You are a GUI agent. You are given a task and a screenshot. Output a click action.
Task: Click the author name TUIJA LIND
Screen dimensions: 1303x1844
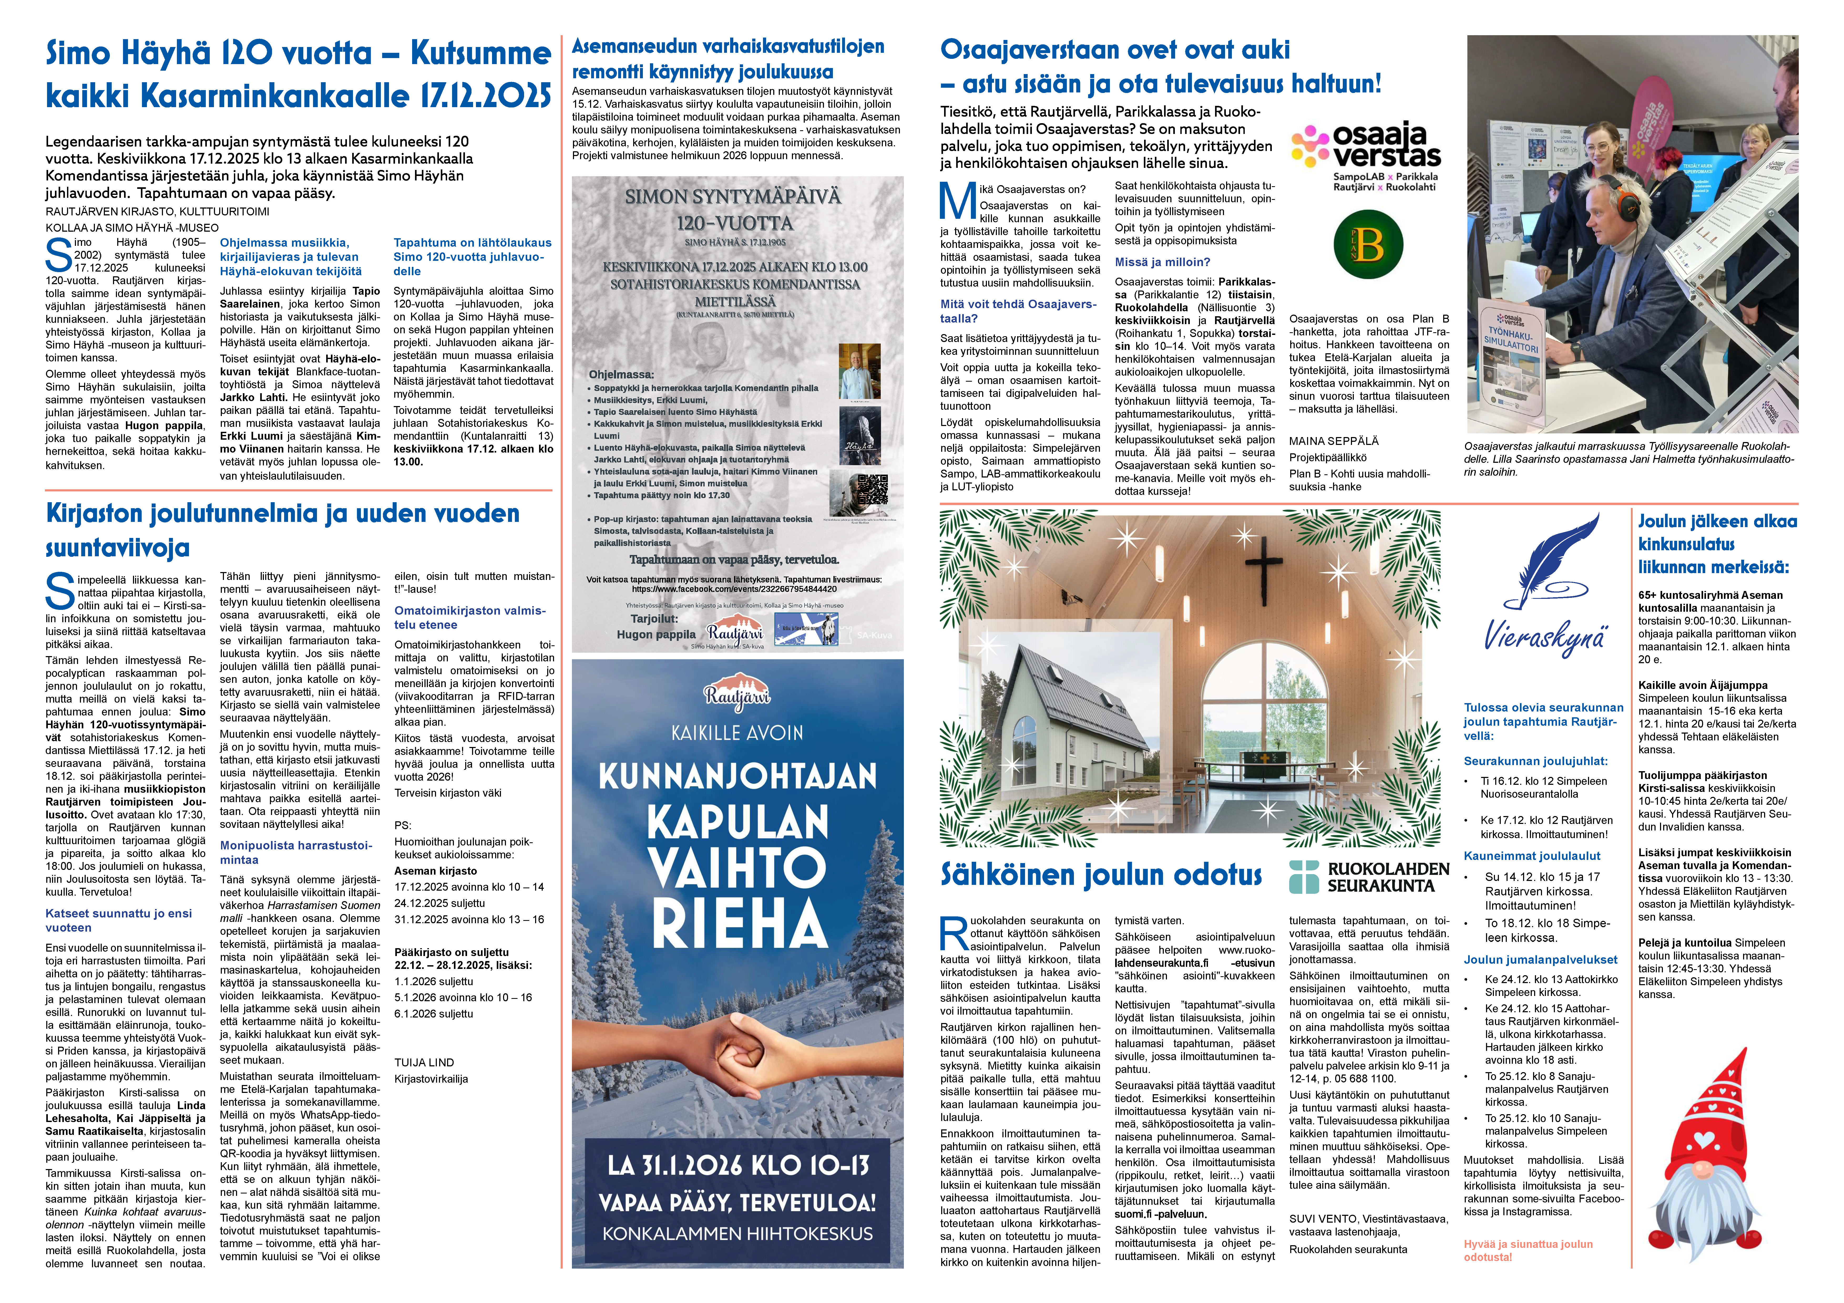click(424, 1062)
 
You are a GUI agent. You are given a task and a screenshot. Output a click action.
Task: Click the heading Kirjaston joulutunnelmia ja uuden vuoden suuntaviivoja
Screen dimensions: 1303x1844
click(283, 530)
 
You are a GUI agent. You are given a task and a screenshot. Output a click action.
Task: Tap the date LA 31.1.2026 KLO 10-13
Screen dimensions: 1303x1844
click(737, 1165)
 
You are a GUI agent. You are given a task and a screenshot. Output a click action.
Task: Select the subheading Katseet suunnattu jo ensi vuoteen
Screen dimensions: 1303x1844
click(119, 920)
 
